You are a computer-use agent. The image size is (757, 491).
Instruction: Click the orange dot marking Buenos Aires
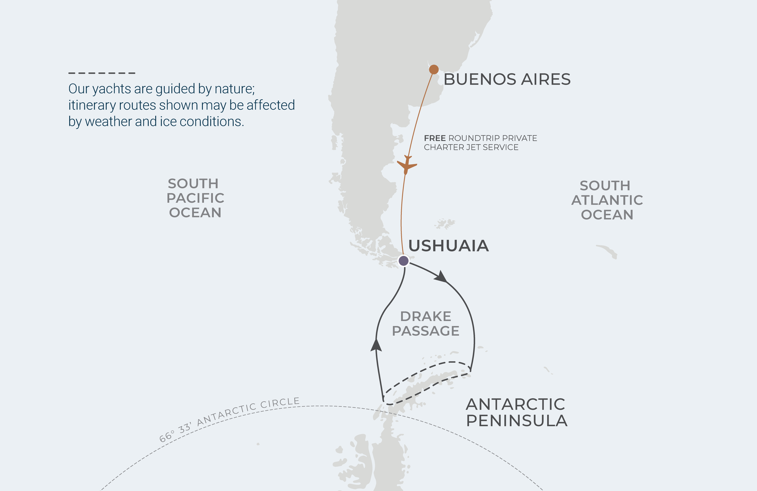tap(434, 69)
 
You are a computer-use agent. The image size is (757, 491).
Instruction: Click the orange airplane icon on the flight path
tap(407, 165)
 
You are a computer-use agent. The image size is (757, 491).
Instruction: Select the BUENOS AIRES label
tap(507, 79)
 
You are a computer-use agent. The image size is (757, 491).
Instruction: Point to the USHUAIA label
tap(448, 246)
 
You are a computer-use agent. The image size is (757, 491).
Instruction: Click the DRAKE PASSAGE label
tap(426, 324)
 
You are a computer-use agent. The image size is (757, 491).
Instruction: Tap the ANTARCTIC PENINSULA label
tap(517, 412)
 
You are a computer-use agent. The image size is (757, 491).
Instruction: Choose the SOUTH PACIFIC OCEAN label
tap(195, 198)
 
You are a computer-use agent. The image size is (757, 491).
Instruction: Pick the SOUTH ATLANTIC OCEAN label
tap(607, 200)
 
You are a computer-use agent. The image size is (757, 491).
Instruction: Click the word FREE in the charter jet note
tap(435, 138)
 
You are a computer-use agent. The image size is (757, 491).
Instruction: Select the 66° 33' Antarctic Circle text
tap(229, 419)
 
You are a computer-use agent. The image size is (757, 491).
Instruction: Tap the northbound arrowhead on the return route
tap(376, 345)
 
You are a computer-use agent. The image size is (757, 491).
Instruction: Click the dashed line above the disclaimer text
tap(102, 73)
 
